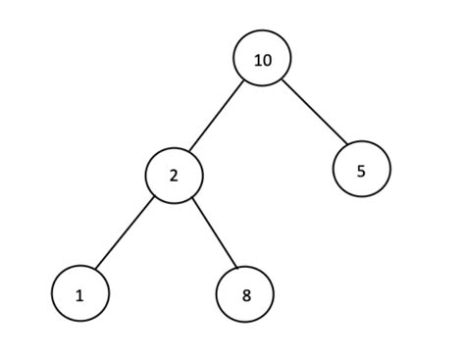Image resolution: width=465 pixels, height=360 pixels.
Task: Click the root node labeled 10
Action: click(x=262, y=59)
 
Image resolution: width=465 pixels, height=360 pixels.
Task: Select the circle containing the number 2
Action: click(x=175, y=177)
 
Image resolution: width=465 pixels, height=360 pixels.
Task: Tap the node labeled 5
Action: click(x=361, y=170)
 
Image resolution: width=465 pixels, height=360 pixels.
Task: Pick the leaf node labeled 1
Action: click(x=80, y=293)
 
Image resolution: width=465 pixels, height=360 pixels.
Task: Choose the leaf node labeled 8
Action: click(x=245, y=293)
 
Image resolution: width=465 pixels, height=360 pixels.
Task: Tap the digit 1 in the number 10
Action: click(x=257, y=60)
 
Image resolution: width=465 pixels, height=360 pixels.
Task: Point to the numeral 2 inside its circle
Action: click(x=175, y=177)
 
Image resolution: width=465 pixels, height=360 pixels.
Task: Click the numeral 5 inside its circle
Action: click(x=361, y=171)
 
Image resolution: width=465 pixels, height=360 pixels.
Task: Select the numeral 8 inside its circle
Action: click(x=245, y=293)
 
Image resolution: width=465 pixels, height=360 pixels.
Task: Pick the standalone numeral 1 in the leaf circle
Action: click(x=80, y=293)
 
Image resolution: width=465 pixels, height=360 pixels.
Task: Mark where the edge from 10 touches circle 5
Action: click(x=341, y=148)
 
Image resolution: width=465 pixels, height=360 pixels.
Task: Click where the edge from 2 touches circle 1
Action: click(x=96, y=272)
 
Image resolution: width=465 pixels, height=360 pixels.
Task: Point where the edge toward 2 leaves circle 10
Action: click(x=245, y=81)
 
